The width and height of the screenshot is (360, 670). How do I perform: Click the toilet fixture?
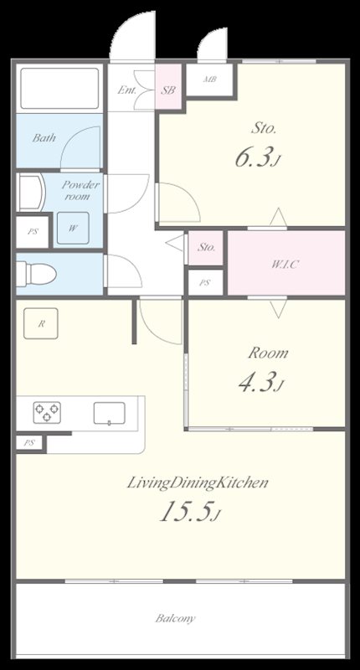pos(36,274)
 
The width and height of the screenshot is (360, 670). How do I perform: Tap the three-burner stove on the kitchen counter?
pos(47,413)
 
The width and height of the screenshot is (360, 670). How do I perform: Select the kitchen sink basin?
pos(110,413)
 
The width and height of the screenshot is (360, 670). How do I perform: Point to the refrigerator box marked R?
pos(40,323)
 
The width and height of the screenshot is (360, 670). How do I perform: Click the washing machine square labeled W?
pos(73,228)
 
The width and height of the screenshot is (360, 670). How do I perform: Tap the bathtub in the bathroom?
pos(59,88)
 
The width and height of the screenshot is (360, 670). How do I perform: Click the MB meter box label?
pos(209,79)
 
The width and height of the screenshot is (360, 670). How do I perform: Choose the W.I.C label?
pos(285,264)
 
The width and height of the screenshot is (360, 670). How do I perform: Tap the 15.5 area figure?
pos(190,512)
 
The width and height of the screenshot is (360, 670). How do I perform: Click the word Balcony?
pos(175,618)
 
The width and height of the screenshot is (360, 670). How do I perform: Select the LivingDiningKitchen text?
pos(198,483)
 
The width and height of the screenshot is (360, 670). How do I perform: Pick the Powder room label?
pos(80,191)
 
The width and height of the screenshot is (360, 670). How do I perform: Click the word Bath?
pos(44,138)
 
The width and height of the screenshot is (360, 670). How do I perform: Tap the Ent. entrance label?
pos(126,90)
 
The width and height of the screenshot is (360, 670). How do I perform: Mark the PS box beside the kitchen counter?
pos(29,443)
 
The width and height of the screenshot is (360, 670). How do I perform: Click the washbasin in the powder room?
pos(31,193)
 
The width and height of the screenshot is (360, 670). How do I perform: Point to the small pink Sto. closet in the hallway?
pos(205,248)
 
